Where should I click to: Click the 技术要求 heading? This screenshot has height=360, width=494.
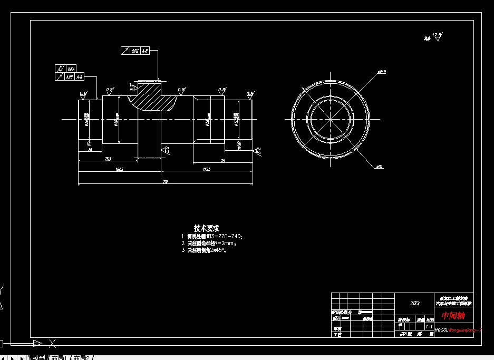[x=206, y=228]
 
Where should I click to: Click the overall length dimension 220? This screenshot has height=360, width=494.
[x=165, y=181]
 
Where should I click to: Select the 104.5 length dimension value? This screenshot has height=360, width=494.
[x=119, y=169]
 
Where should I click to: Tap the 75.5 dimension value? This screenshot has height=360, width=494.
[x=108, y=159]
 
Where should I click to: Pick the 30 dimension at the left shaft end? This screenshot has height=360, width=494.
[x=90, y=150]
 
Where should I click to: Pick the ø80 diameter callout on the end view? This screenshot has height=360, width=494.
[x=379, y=167]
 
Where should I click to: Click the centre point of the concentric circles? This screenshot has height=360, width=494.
[x=330, y=119]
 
